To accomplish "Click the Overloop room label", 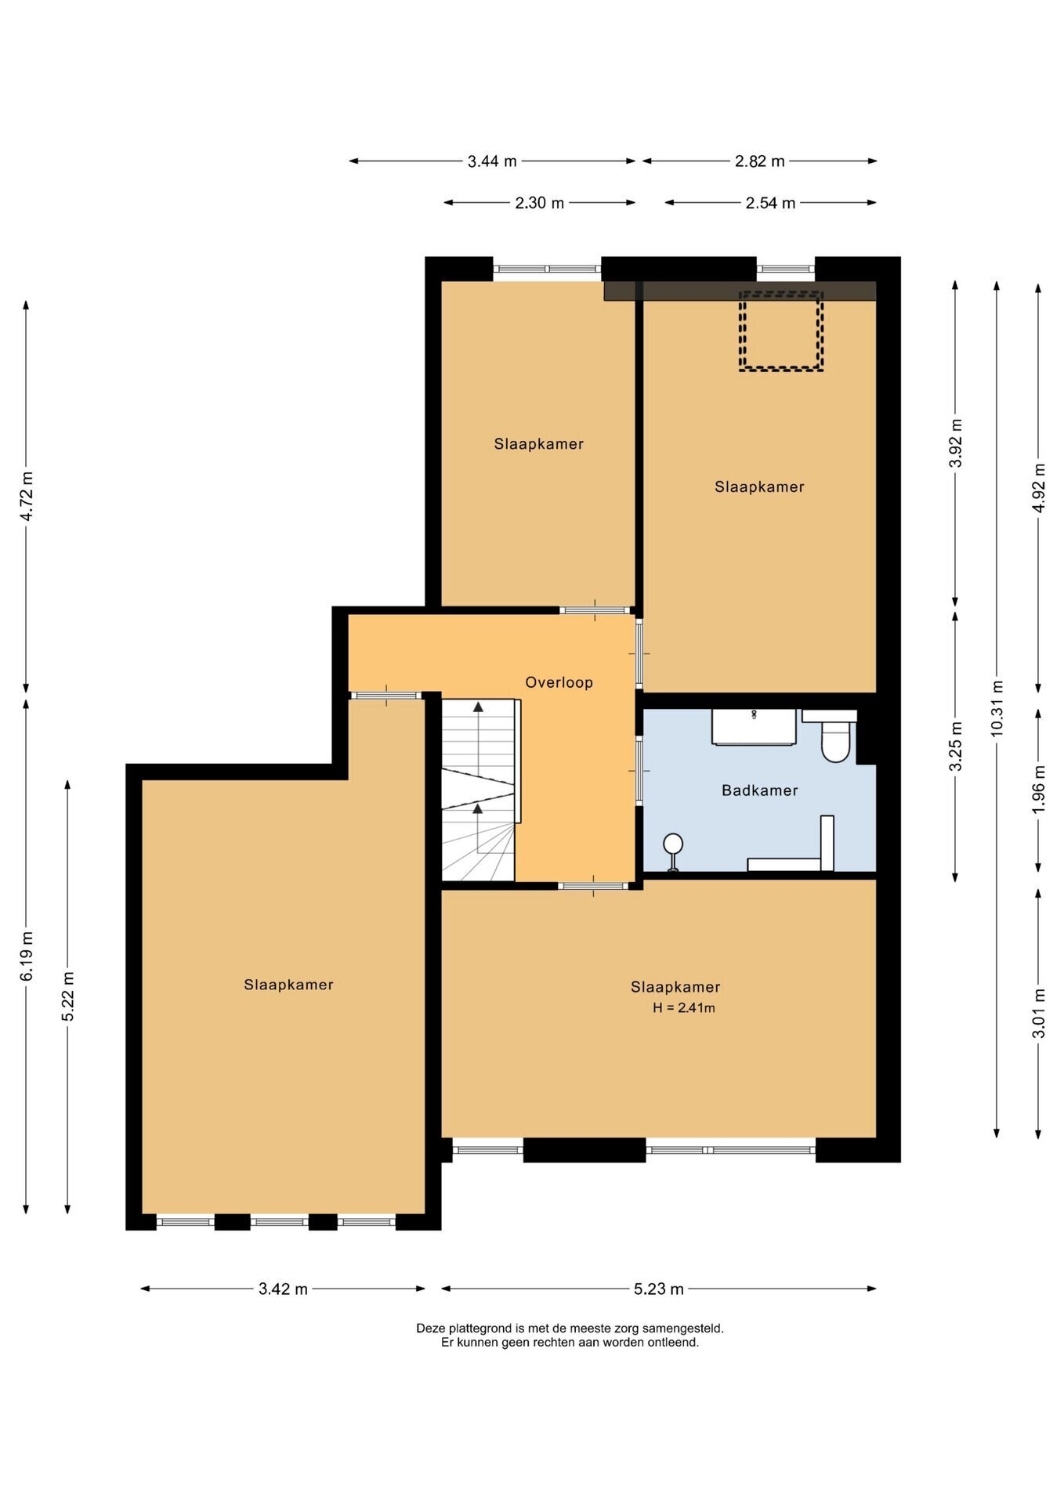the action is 559,682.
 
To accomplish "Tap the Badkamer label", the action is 759,790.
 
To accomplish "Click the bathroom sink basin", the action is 754,727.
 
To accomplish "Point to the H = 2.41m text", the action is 683,1008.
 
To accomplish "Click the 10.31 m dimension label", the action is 997,707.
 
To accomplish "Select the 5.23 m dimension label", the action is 659,1289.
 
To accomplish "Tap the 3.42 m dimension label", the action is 283,1289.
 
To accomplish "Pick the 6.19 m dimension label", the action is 27,956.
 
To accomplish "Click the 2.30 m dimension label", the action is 539,203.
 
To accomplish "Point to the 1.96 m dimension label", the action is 1039,789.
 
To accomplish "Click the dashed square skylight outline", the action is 781,331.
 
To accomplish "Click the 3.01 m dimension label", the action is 1039,1013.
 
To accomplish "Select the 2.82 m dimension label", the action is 759,161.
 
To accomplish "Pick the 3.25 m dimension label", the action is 955,746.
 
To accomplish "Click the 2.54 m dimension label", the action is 770,203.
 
